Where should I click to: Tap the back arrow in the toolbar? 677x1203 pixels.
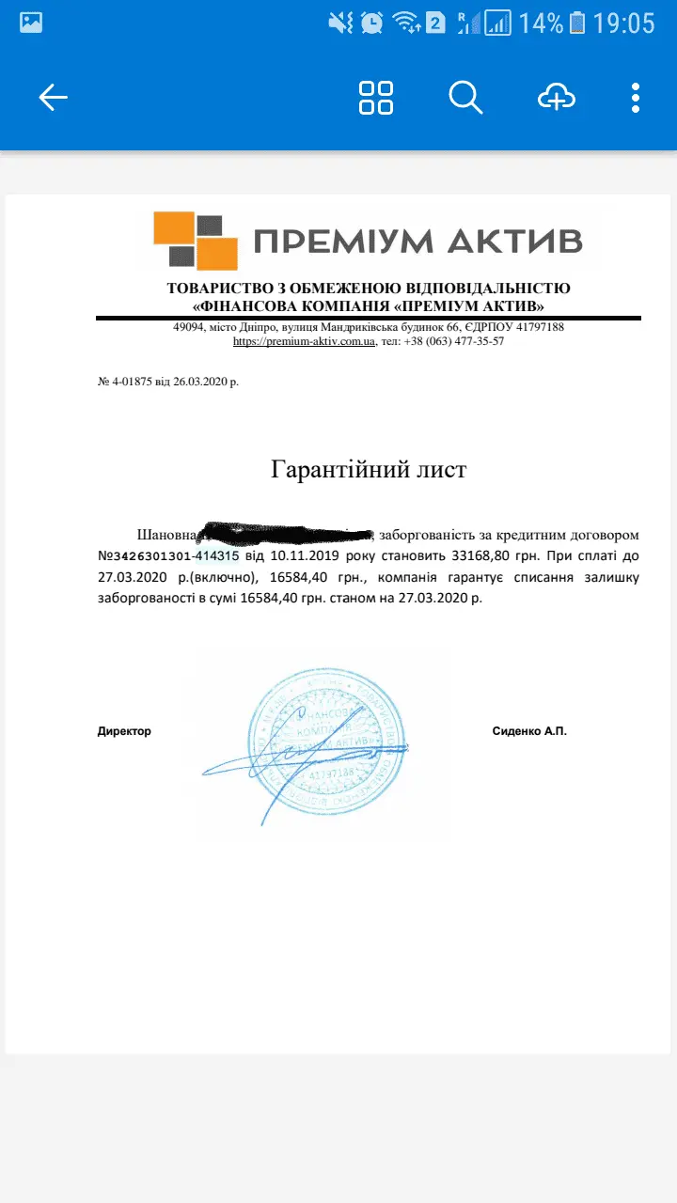click(54, 97)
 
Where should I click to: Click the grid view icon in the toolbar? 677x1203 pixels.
click(376, 97)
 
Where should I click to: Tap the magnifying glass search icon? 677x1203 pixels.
click(465, 97)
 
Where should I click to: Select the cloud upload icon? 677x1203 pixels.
click(556, 97)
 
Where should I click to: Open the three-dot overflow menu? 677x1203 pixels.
click(636, 97)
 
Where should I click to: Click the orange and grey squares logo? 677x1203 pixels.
click(195, 241)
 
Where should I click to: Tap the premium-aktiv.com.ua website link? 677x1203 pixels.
click(304, 341)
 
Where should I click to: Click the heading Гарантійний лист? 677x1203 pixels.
click(369, 469)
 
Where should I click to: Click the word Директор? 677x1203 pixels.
click(124, 731)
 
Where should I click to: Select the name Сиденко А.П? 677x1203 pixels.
click(529, 731)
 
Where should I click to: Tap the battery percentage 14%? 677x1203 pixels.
click(541, 23)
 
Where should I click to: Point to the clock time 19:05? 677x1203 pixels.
click(623, 23)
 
